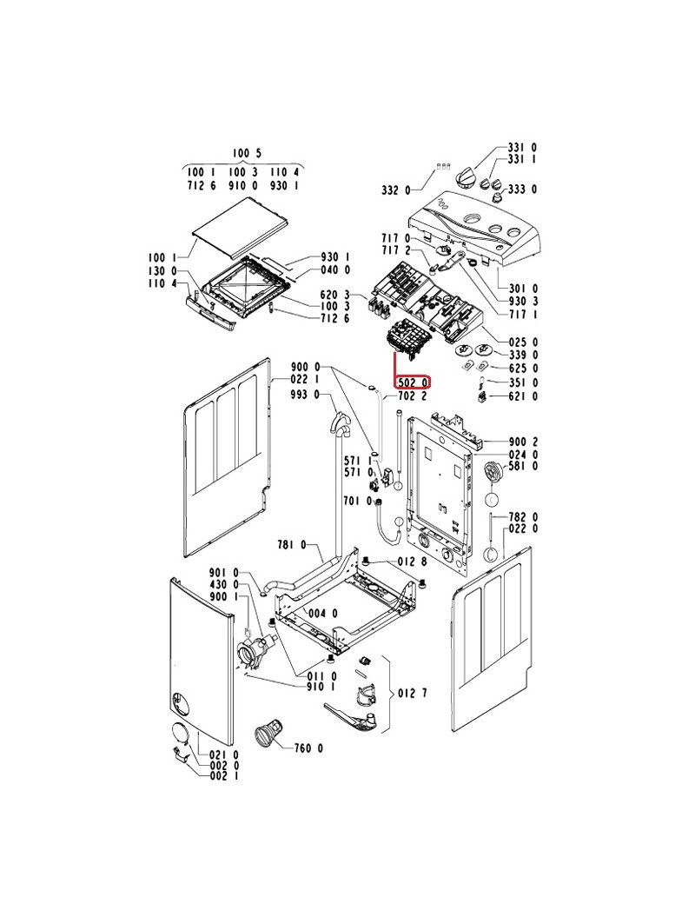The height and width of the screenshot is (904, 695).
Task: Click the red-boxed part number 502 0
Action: point(413,382)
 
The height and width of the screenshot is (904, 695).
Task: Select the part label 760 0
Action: point(308,748)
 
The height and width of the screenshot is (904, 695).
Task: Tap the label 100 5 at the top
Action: point(247,153)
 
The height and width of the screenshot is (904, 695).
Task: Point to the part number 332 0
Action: point(396,189)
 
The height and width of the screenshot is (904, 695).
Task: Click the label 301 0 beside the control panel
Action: point(523,289)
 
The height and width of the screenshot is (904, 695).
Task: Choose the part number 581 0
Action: point(523,467)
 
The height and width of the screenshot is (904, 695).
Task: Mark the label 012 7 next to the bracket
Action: point(413,693)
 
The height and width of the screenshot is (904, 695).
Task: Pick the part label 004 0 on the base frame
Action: point(323,614)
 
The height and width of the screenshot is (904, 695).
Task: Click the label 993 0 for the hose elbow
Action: point(305,395)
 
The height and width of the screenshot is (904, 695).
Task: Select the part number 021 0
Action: point(223,754)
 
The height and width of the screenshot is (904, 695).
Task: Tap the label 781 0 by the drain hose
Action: point(292,545)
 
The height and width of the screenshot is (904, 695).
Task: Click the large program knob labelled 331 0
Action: point(466,176)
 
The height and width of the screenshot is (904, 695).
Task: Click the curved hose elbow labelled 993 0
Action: point(340,424)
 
